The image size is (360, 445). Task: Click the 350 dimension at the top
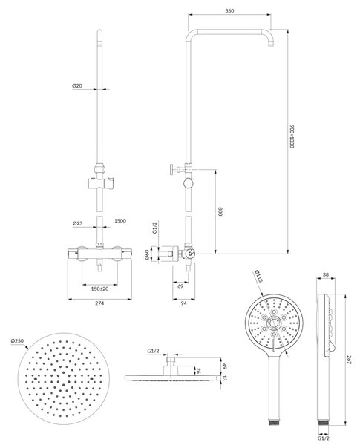(229, 11)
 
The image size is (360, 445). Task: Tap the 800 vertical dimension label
(220, 211)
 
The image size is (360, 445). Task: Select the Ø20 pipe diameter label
(77, 85)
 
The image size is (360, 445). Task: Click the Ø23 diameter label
(78, 223)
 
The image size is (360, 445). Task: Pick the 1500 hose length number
(120, 220)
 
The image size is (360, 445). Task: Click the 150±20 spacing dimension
(99, 289)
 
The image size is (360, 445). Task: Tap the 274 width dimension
(99, 303)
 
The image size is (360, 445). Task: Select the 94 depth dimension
(184, 303)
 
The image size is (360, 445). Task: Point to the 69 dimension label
(180, 286)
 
